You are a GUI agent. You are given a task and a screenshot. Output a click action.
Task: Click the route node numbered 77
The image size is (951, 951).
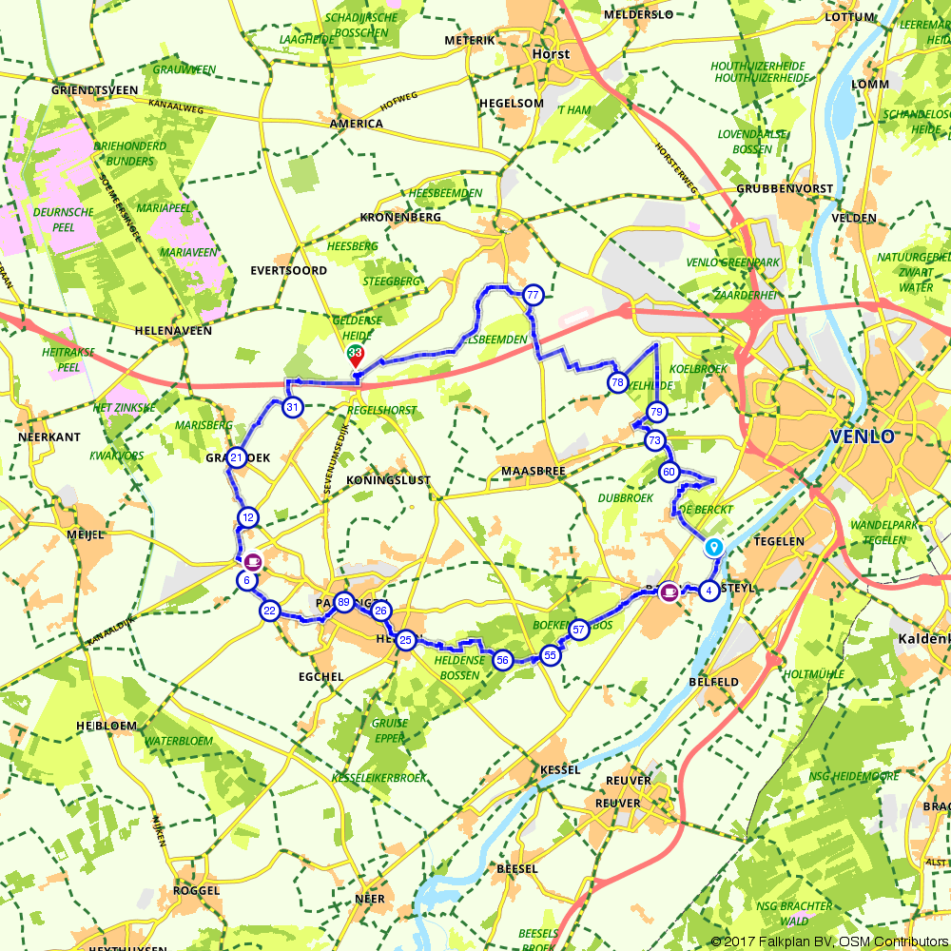tap(532, 295)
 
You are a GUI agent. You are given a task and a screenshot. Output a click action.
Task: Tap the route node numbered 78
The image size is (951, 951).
tap(617, 382)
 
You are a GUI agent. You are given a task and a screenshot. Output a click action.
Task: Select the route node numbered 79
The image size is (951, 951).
tap(656, 412)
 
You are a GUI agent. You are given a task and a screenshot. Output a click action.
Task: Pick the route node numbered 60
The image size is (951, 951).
tap(669, 472)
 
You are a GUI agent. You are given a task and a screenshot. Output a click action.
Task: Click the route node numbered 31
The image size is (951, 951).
tap(293, 407)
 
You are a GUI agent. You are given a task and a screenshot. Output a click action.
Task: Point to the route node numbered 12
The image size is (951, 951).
tap(247, 517)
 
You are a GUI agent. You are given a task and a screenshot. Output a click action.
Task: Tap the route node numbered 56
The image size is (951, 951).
tap(503, 660)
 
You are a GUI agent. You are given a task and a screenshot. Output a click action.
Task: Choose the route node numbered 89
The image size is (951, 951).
tap(343, 602)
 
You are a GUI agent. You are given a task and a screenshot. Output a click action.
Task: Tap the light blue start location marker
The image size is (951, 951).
tap(713, 548)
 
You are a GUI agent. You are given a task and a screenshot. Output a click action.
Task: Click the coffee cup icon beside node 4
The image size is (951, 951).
tap(669, 591)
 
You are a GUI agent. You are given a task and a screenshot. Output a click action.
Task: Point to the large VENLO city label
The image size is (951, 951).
tap(862, 437)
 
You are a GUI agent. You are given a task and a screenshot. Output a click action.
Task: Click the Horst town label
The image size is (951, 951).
tap(551, 54)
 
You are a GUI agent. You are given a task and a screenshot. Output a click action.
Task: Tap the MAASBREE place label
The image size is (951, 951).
tap(534, 471)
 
